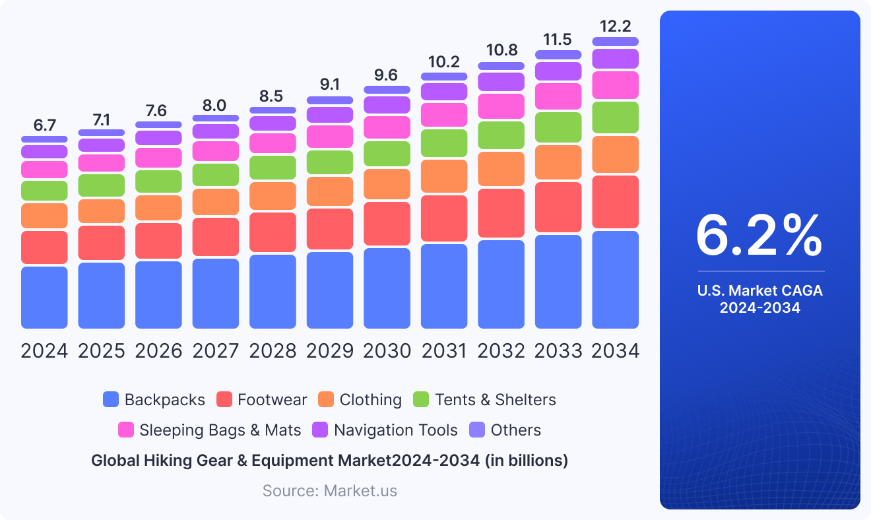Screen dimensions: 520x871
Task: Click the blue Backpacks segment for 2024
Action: (44, 297)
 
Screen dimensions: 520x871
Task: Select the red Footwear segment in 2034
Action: (615, 201)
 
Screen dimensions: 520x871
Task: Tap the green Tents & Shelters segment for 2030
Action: (387, 154)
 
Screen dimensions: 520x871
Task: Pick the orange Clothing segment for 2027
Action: (216, 202)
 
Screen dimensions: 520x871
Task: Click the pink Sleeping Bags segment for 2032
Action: (501, 106)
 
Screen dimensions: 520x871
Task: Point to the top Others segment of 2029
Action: (330, 100)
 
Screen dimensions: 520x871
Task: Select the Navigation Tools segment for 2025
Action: (102, 145)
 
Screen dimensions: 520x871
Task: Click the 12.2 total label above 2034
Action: (615, 26)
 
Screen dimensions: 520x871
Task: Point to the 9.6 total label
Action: (387, 75)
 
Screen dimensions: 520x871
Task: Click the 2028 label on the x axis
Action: (273, 351)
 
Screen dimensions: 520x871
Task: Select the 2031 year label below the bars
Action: (444, 351)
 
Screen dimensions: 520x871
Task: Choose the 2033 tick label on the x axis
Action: (558, 351)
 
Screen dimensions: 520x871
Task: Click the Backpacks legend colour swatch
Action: (111, 399)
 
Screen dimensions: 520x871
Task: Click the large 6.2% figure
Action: (759, 235)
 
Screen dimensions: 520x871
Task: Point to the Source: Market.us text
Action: (330, 490)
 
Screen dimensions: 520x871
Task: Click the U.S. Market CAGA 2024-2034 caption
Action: (760, 299)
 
